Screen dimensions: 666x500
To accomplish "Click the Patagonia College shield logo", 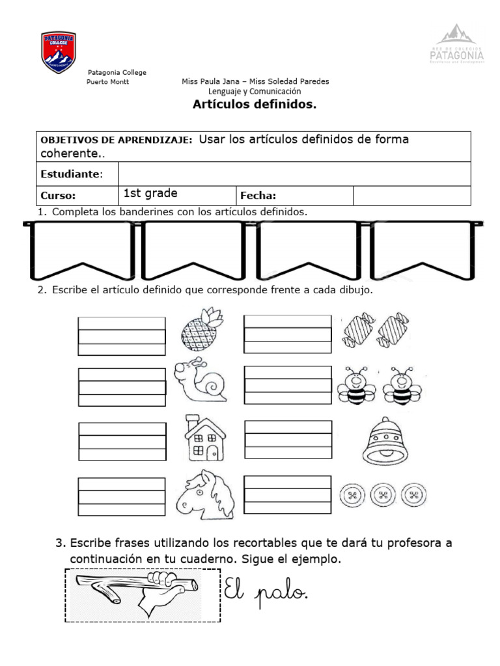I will [59, 52].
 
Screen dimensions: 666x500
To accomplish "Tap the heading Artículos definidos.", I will [255, 105].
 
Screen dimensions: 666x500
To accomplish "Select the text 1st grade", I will [150, 194].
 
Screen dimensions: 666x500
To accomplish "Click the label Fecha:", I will [258, 195].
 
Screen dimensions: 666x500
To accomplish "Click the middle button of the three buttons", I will [382, 496].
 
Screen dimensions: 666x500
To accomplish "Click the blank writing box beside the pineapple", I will [121, 336].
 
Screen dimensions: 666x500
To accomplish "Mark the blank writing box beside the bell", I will [288, 440].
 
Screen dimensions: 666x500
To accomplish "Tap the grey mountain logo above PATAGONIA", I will [457, 36].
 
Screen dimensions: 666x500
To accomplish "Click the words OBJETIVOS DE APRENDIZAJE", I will [116, 140].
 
